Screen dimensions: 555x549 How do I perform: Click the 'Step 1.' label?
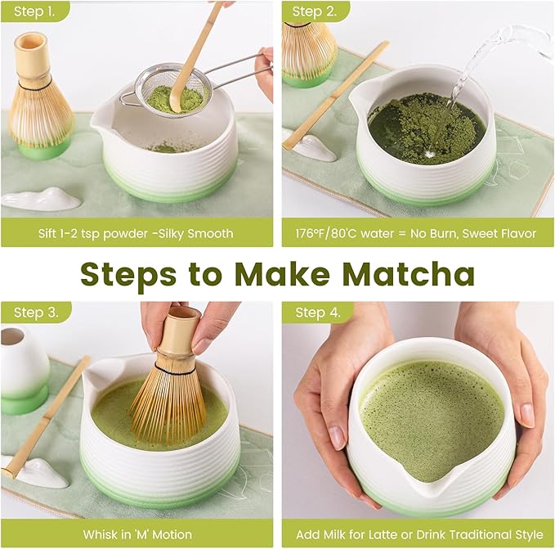(x=34, y=11)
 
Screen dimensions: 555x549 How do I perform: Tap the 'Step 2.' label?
(x=315, y=11)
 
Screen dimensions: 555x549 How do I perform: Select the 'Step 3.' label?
(x=36, y=313)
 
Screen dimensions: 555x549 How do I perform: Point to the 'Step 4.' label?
(x=317, y=313)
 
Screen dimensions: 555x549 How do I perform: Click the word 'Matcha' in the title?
(x=409, y=275)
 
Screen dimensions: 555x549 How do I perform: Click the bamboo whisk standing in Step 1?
(x=39, y=96)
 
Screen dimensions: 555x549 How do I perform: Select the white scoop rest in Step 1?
(x=41, y=200)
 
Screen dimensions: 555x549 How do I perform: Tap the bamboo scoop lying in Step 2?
(x=334, y=96)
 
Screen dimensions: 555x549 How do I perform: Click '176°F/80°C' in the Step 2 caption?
(x=326, y=233)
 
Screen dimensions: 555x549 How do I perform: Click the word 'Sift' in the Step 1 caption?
(x=47, y=233)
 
